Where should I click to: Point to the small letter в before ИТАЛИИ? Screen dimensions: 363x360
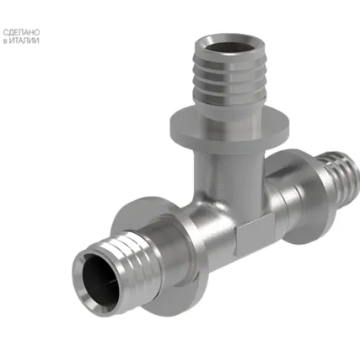pos(7,41)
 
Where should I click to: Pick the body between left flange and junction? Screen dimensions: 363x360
pos(198,232)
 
